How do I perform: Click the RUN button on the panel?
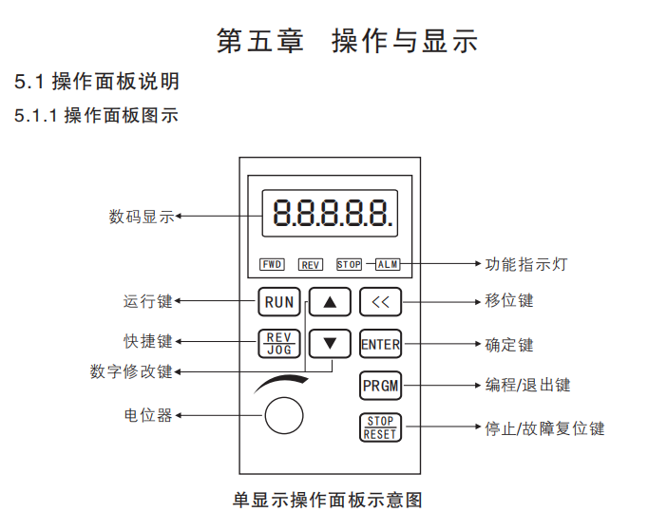coord(279,302)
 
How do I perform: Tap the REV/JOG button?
coord(279,343)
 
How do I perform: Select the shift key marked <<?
coord(381,302)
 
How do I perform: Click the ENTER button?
coord(381,344)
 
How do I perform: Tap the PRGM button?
coord(381,386)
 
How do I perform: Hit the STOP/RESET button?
coord(381,427)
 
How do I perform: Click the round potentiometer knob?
coord(283,416)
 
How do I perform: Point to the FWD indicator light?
coord(272,264)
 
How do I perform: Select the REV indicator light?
coord(311,265)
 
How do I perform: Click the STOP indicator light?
coord(349,265)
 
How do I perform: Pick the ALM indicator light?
coord(388,264)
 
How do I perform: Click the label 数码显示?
coord(142,216)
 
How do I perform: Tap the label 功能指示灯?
coord(525,264)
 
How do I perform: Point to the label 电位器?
coord(148,415)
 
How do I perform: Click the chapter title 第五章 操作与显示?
coord(348,41)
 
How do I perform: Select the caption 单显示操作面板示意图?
coord(327,499)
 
